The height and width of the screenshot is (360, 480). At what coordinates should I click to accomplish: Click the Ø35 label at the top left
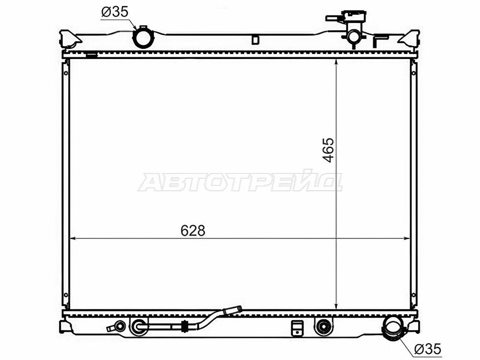click(x=115, y=12)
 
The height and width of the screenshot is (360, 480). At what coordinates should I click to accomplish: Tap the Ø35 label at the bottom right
click(x=427, y=349)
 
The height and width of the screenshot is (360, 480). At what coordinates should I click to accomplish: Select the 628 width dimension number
click(x=193, y=231)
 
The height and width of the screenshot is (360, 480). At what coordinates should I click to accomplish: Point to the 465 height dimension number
click(x=328, y=150)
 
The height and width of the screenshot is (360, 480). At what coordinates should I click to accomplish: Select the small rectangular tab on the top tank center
click(x=255, y=40)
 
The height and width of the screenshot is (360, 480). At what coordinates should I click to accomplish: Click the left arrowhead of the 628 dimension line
click(x=72, y=238)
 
